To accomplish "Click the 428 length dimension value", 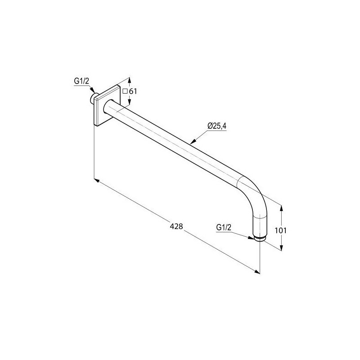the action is pyautogui.click(x=176, y=226).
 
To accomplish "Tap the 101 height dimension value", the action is pyautogui.click(x=280, y=230).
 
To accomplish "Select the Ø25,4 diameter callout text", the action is pyautogui.click(x=217, y=126).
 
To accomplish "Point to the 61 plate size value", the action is pyautogui.click(x=133, y=91).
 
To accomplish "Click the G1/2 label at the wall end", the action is pyautogui.click(x=81, y=81).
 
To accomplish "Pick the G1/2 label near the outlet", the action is pyautogui.click(x=224, y=227).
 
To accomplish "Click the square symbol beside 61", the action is pyautogui.click(x=125, y=91).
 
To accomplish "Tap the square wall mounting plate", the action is pyautogui.click(x=107, y=106).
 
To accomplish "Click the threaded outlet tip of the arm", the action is pyautogui.click(x=260, y=239).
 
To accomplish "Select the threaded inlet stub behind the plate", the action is pyautogui.click(x=94, y=98).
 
